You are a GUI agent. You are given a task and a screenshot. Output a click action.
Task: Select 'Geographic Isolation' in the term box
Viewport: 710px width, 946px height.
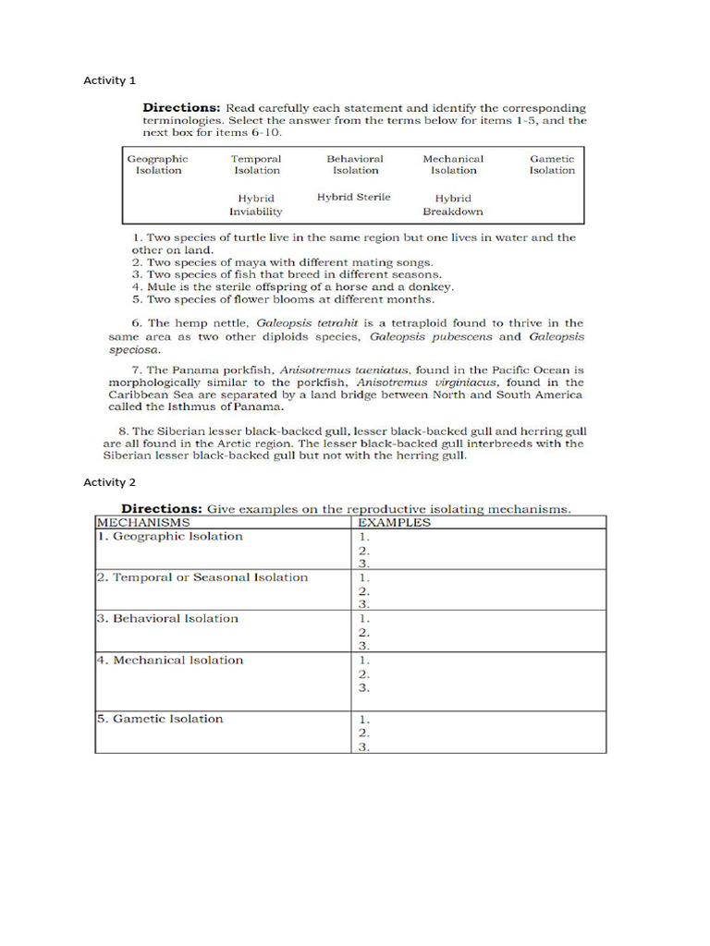click(x=157, y=164)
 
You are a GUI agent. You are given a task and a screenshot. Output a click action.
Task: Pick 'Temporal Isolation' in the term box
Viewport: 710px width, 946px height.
click(x=256, y=164)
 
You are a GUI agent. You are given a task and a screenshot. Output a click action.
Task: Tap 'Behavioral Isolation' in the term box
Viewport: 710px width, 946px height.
click(x=355, y=164)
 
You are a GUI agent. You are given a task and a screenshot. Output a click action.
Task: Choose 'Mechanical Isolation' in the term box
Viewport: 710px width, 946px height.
click(x=453, y=164)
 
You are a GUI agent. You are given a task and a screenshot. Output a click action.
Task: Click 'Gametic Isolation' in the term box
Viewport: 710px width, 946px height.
click(x=552, y=164)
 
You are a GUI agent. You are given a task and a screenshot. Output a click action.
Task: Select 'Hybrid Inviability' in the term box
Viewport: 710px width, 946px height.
click(x=256, y=204)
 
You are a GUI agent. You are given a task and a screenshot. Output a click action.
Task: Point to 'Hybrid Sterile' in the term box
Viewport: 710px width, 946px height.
click(x=354, y=197)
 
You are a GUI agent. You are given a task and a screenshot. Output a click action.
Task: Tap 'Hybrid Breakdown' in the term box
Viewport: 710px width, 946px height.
click(x=453, y=204)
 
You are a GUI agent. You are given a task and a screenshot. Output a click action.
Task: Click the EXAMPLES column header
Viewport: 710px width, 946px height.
click(x=394, y=522)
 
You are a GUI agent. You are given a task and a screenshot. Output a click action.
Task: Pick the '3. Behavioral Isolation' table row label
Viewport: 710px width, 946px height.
click(x=167, y=619)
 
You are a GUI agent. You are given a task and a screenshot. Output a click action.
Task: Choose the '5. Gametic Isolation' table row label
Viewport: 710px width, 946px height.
click(x=160, y=719)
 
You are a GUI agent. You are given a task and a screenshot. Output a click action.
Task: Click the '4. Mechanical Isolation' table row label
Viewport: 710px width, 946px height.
click(x=170, y=661)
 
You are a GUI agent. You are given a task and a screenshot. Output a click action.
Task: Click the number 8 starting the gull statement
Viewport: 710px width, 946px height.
click(x=122, y=431)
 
